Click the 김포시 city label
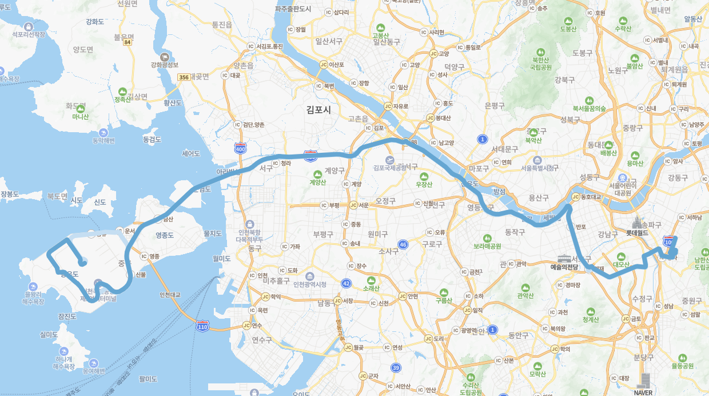pyautogui.click(x=318, y=109)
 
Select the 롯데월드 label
pyautogui.click(x=637, y=233)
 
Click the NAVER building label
pyautogui.click(x=643, y=393)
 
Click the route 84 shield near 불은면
pyautogui.click(x=127, y=42)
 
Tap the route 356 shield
pyautogui.click(x=184, y=77)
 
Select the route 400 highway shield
pyautogui.click(x=240, y=149)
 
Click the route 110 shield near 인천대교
pyautogui.click(x=202, y=326)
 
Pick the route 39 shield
pyautogui.click(x=396, y=367)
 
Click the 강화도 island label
pyautogui.click(x=94, y=22)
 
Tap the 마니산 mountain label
pyautogui.click(x=80, y=117)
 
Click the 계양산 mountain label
pyautogui.click(x=317, y=182)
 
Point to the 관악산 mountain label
pyautogui.click(x=525, y=295)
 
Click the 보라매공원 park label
pyautogui.click(x=487, y=246)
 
